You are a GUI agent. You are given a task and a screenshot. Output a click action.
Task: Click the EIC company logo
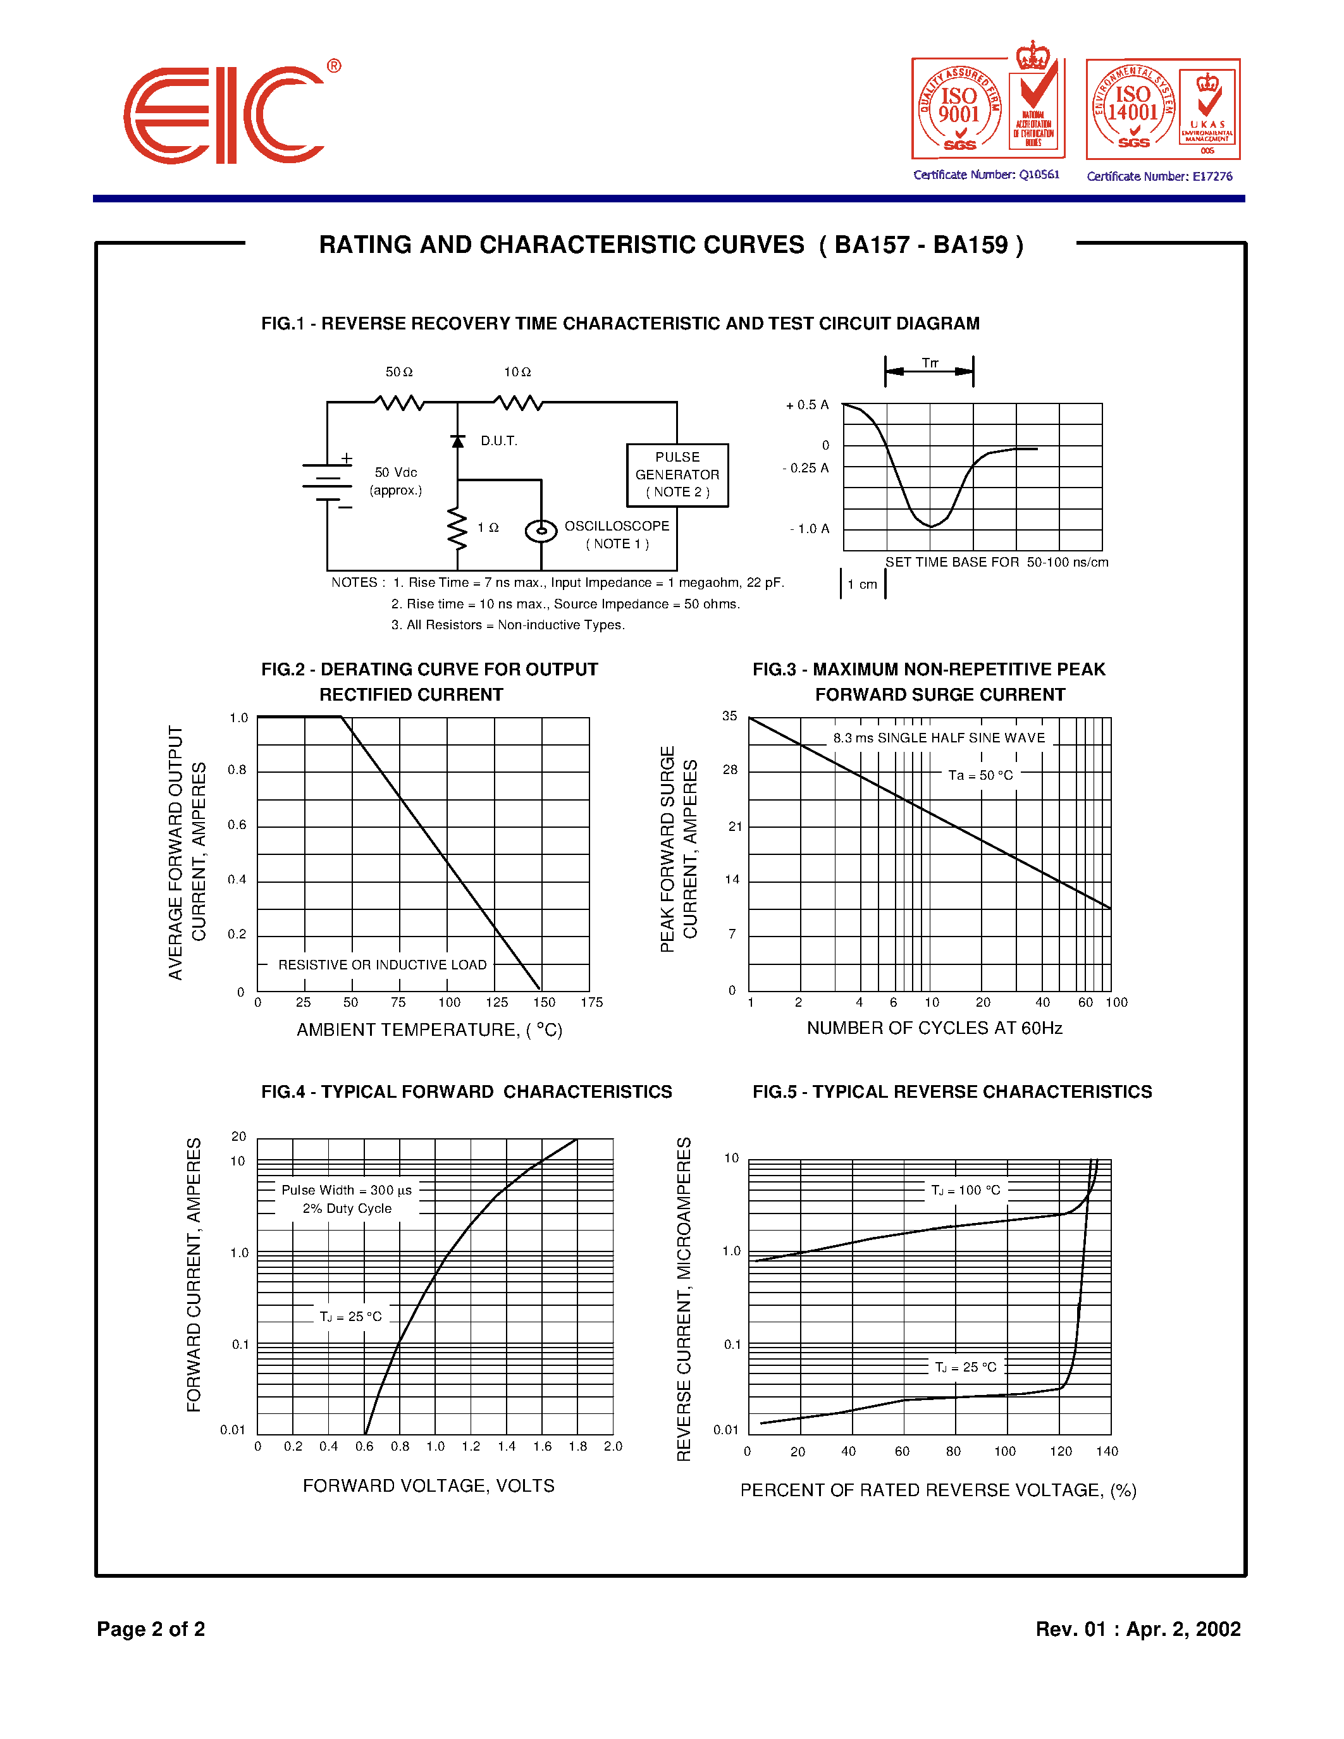point(225,116)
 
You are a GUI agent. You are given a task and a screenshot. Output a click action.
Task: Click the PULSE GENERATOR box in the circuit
point(677,474)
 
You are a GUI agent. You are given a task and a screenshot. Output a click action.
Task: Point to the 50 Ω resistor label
point(399,372)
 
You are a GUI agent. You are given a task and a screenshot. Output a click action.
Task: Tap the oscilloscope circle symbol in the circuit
point(541,531)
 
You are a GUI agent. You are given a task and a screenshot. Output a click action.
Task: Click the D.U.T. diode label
point(498,440)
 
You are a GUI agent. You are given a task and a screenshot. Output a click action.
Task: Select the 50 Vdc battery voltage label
point(396,473)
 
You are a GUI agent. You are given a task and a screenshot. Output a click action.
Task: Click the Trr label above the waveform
point(930,363)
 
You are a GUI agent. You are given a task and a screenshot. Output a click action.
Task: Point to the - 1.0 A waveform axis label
point(809,529)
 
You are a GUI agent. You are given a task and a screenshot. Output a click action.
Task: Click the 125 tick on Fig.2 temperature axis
point(497,1002)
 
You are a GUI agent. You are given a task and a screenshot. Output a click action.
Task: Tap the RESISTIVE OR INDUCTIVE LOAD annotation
point(382,965)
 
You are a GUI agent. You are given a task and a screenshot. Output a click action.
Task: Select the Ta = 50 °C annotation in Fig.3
point(980,775)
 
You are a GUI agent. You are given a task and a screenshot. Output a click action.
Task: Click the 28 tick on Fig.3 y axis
point(730,770)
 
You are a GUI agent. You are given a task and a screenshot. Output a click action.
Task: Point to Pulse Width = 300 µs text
point(347,1190)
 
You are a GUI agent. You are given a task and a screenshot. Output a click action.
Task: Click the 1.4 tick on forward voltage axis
point(507,1447)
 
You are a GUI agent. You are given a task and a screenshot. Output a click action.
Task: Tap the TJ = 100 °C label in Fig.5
point(965,1190)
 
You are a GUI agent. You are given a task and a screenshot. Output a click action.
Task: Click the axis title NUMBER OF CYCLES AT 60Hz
point(934,1028)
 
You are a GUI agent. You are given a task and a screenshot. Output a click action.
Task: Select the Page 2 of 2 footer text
point(151,1629)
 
